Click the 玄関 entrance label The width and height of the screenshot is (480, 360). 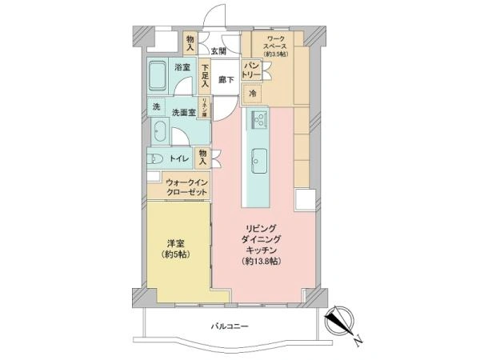click(218, 50)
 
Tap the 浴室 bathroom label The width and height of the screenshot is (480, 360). click(182, 68)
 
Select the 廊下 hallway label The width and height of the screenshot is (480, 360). click(226, 81)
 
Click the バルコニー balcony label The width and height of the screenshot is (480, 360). click(230, 326)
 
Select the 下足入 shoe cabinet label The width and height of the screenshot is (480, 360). click(206, 74)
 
